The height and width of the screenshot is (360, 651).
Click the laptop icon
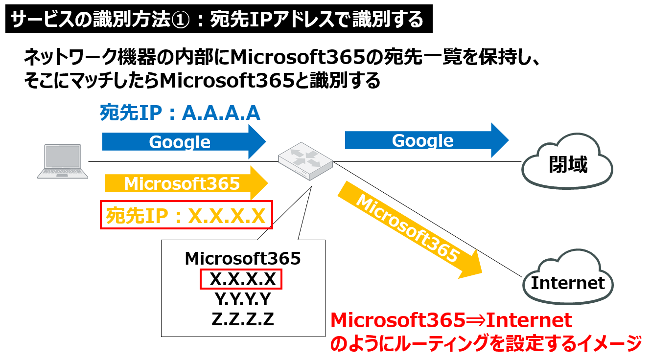(64, 162)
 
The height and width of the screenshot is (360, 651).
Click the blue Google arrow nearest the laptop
(184, 142)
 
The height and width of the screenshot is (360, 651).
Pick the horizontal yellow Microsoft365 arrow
(186, 183)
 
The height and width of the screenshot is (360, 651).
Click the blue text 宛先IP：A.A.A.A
(180, 113)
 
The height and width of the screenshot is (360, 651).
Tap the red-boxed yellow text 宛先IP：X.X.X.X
(186, 215)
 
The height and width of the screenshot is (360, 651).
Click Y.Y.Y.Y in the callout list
(242, 298)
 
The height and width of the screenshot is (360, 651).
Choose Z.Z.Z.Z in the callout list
(242, 319)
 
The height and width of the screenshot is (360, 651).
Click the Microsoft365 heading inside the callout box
(242, 258)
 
